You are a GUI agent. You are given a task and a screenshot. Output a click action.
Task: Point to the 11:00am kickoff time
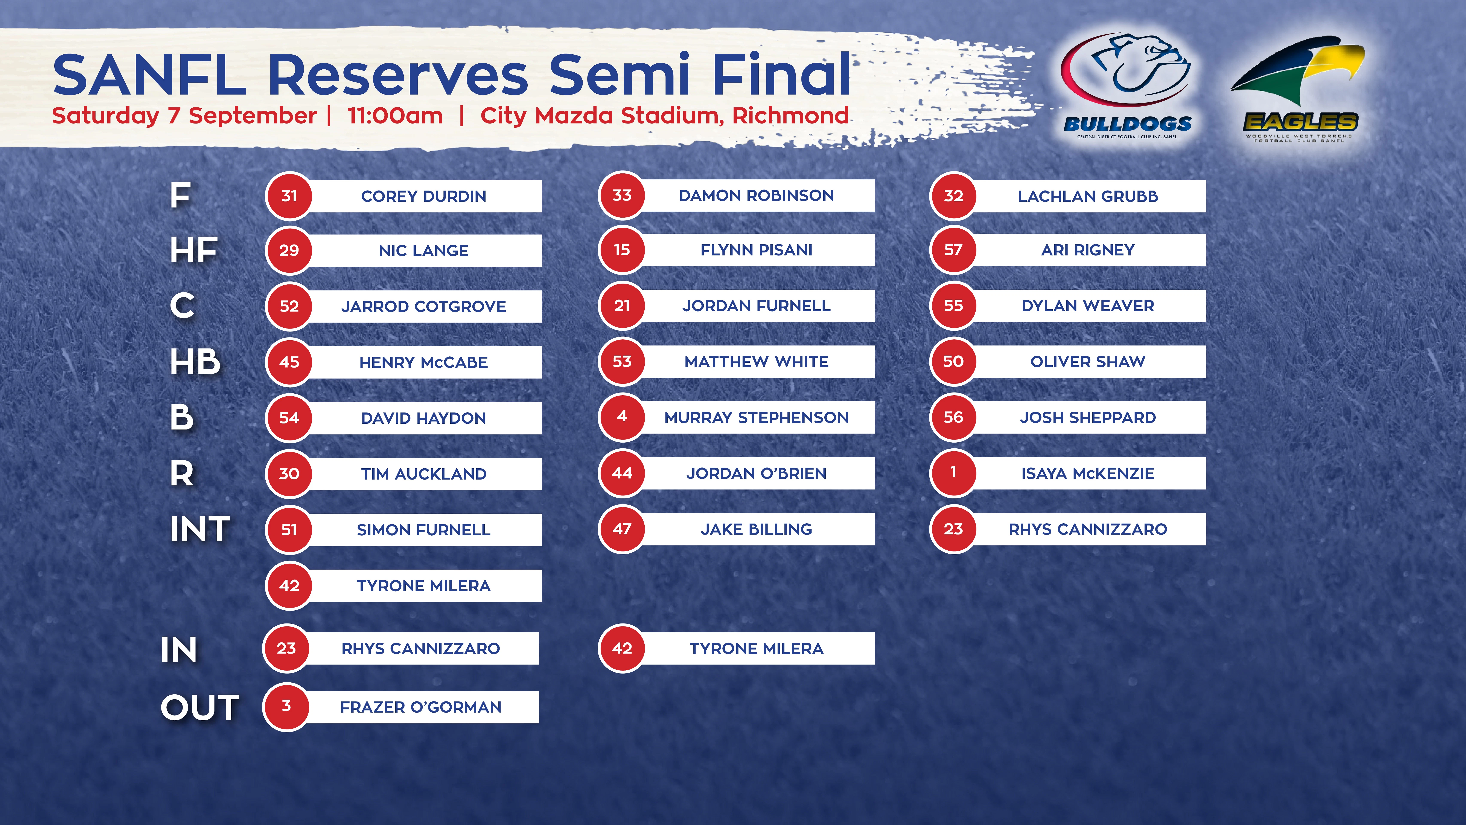395,116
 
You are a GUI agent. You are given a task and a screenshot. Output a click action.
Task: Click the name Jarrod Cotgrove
423,306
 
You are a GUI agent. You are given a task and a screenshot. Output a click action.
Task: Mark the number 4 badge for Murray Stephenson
622,417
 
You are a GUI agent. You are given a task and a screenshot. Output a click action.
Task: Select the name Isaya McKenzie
1088,473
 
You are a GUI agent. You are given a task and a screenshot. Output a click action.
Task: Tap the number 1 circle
953,473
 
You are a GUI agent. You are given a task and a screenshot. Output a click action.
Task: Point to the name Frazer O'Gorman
421,707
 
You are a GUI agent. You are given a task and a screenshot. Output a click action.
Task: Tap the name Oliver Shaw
1088,362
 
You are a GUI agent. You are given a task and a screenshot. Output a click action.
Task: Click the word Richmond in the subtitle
790,116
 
